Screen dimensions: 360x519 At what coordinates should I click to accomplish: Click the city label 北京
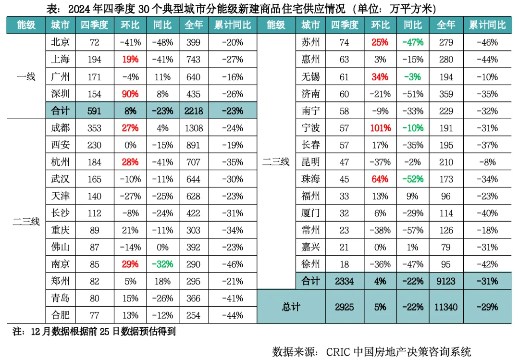click(60, 42)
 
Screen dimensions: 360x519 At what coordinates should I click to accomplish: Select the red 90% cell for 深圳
click(130, 94)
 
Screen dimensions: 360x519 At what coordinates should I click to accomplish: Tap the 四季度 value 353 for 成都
click(94, 128)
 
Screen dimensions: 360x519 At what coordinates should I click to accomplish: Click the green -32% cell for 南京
click(162, 264)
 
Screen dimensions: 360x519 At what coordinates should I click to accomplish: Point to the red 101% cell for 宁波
click(380, 128)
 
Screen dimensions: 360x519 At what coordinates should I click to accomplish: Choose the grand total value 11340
click(446, 306)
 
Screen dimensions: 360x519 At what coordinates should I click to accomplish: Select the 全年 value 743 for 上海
click(193, 60)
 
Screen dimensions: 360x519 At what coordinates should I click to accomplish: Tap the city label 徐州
click(310, 264)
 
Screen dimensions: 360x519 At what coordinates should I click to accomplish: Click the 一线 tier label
click(26, 76)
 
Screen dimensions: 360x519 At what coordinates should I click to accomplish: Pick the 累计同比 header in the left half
click(233, 25)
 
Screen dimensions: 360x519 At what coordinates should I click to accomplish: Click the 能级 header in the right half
click(276, 25)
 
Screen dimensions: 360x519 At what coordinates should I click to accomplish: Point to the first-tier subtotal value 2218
click(193, 111)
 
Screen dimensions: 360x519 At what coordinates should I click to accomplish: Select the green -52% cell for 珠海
click(413, 179)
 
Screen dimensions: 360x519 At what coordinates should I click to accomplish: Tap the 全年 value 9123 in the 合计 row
click(446, 281)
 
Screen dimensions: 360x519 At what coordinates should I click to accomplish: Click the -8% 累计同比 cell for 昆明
click(487, 162)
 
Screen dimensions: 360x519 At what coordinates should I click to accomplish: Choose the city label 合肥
click(60, 315)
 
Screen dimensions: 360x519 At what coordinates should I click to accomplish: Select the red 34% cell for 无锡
click(380, 76)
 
